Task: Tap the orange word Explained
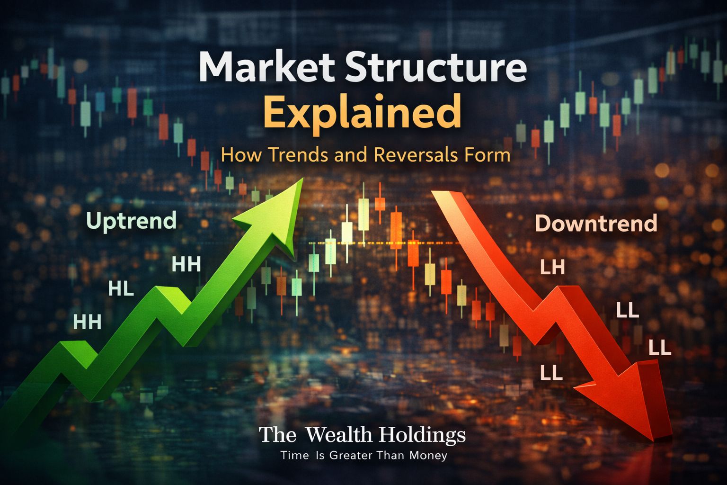pos(362,112)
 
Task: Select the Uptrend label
pos(132,221)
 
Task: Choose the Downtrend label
pos(596,223)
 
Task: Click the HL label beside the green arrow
pos(121,288)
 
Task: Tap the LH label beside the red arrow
pos(552,268)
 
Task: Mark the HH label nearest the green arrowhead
pos(186,264)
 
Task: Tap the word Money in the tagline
pos(428,456)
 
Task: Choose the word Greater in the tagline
pos(351,456)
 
